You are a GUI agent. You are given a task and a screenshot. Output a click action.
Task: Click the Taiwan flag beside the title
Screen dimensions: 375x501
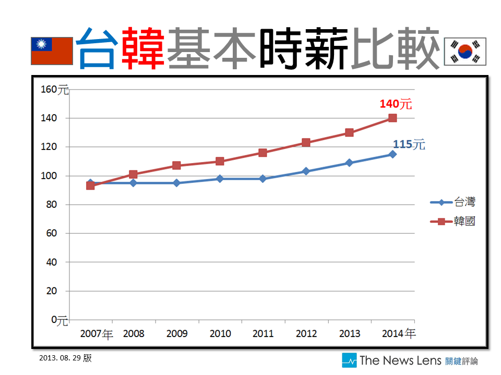[x=52, y=51]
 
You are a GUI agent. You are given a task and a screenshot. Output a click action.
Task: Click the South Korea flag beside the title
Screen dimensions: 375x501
[x=464, y=51]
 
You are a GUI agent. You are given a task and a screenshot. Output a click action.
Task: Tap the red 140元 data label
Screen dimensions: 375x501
[x=396, y=104]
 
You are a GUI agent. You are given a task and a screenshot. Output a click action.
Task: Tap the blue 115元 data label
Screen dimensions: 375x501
[x=409, y=144]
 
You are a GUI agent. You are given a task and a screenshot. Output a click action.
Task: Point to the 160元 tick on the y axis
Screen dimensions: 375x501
[x=54, y=90]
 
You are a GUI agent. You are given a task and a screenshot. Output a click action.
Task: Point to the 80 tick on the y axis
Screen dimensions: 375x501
[x=51, y=205]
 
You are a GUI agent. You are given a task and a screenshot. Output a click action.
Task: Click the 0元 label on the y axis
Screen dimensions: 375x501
[x=59, y=320]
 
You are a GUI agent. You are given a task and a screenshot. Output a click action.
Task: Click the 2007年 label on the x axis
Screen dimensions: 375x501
[x=97, y=333]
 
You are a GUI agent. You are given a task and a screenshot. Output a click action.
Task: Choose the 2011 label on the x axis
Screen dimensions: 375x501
[x=263, y=333]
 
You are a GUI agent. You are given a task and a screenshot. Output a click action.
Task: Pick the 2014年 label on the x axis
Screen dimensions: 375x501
[x=399, y=333]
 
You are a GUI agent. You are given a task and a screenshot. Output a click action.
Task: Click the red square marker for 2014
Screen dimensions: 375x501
[x=392, y=118]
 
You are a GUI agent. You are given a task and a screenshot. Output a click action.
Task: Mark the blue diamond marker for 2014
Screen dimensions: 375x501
[x=392, y=154]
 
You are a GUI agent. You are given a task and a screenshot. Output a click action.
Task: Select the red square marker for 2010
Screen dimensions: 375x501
[x=220, y=161]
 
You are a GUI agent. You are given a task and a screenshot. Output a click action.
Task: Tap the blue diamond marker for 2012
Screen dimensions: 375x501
[x=306, y=171]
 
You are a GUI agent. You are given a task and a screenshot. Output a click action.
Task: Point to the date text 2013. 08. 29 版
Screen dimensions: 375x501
[x=65, y=358]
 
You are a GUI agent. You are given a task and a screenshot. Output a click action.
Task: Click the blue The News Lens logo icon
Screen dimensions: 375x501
[x=349, y=360]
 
